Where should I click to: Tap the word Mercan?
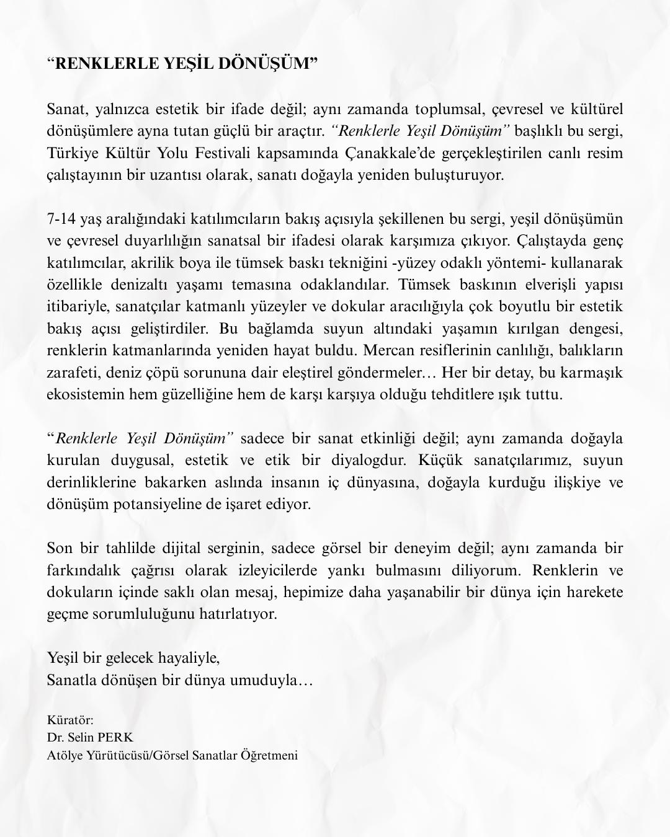tap(386, 351)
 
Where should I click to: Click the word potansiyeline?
tap(166, 504)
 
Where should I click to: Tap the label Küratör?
tap(70, 720)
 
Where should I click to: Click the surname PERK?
tap(115, 738)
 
